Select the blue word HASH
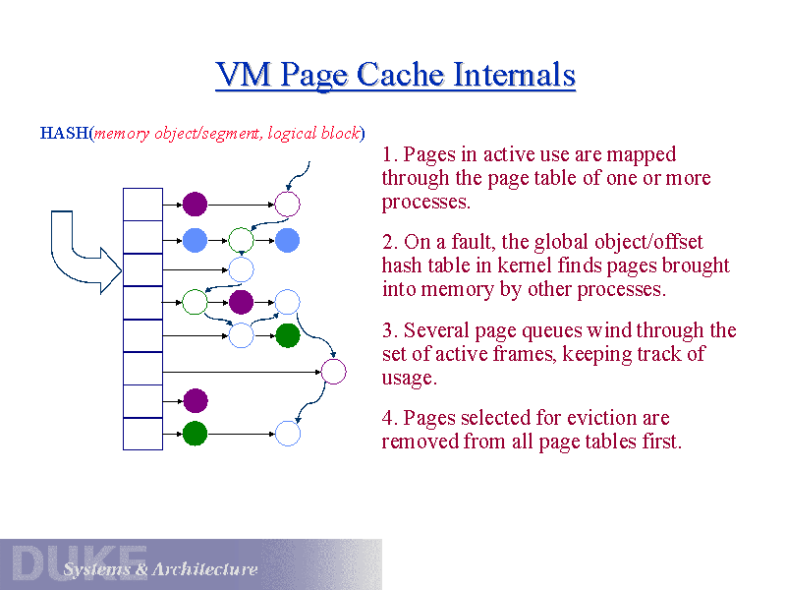point(64,133)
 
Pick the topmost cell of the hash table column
point(142,204)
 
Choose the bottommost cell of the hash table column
point(142,434)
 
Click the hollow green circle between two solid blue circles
point(241,239)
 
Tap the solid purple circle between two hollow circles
point(241,302)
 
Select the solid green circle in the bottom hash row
point(195,433)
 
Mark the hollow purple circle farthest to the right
point(333,372)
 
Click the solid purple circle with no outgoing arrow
point(195,400)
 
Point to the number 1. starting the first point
point(390,155)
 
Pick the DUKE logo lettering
point(79,563)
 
